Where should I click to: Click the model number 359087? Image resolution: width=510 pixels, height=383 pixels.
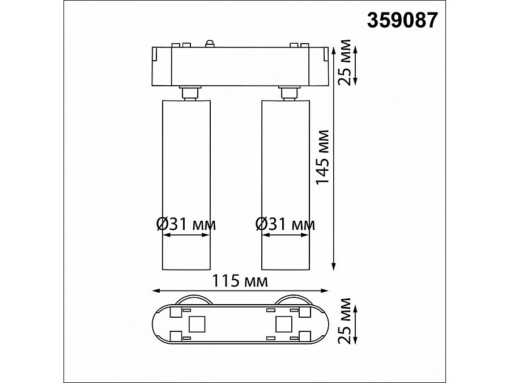[x=403, y=20]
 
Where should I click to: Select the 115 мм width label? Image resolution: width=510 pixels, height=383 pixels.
[x=240, y=280]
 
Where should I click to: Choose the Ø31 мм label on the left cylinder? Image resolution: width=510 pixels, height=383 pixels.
[x=186, y=224]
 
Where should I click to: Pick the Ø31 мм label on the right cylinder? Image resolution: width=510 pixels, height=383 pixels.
[x=285, y=224]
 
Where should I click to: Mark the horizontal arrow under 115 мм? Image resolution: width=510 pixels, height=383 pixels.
[x=240, y=291]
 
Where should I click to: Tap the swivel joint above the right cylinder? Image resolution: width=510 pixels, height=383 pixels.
[x=287, y=92]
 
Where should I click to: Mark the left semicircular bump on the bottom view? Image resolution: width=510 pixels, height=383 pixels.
[x=192, y=300]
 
